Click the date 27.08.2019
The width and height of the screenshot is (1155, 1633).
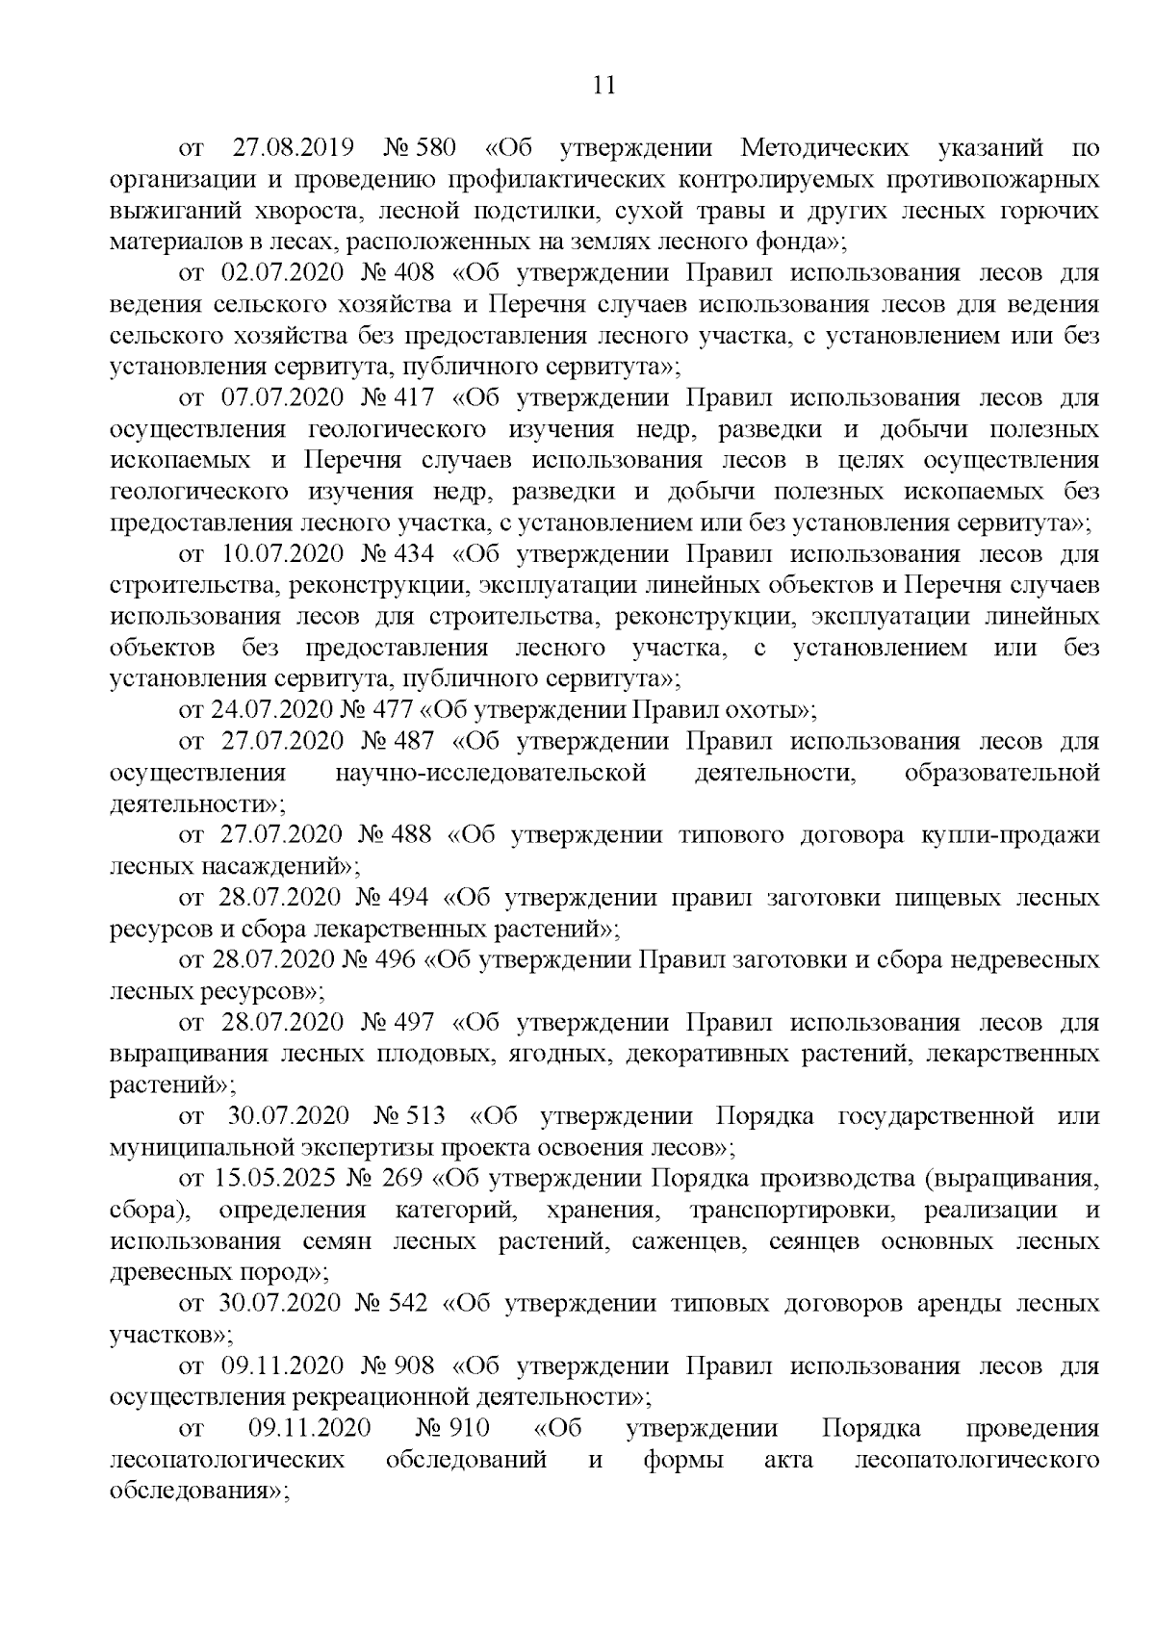tap(294, 148)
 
